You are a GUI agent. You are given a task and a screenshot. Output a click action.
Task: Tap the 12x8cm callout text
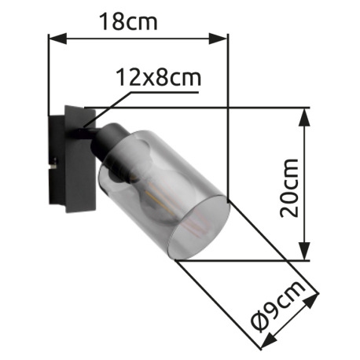158,77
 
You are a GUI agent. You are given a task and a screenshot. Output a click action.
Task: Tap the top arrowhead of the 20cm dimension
305,115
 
